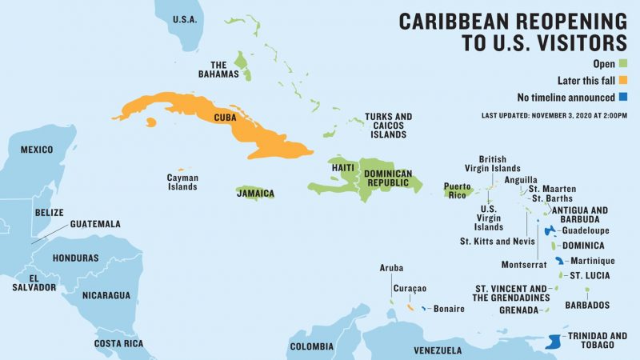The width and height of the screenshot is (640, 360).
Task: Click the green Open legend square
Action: (x=622, y=63)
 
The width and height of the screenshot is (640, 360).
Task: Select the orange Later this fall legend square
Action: (x=622, y=80)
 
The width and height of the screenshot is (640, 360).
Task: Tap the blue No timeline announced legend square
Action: (x=622, y=98)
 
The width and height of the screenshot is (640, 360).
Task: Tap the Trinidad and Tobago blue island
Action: (x=552, y=342)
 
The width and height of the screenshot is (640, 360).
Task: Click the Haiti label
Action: (x=342, y=167)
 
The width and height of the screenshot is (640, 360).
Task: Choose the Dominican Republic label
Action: (x=388, y=178)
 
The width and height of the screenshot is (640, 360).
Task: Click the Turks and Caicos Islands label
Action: (x=388, y=126)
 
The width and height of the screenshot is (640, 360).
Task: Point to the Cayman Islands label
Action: (x=182, y=182)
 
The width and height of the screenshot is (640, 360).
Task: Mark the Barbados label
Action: (x=587, y=305)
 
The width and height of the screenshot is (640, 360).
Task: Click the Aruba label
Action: (x=391, y=268)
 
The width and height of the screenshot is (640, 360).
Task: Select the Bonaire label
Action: (x=449, y=309)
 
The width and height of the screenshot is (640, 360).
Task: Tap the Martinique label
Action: (x=593, y=261)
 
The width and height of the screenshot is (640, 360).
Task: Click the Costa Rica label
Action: (x=118, y=343)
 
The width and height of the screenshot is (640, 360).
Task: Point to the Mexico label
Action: (x=36, y=150)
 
